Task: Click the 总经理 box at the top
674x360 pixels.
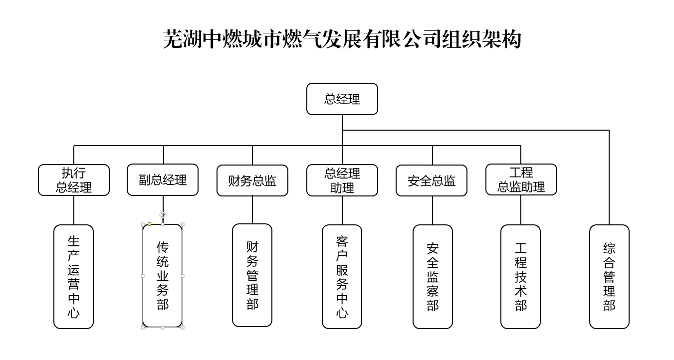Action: point(342,99)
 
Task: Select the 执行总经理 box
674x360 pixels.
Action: point(74,180)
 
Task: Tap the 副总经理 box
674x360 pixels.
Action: point(163,180)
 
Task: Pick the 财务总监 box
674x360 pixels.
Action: point(252,180)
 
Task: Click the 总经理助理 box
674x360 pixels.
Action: point(342,180)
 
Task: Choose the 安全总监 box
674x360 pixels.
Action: point(432,180)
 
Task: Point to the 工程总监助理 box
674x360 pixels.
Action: point(521,180)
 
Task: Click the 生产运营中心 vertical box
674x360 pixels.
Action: point(74,277)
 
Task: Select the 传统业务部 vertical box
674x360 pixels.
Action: point(163,276)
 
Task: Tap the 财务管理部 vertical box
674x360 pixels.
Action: point(252,275)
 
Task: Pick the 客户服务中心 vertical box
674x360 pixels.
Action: point(342,277)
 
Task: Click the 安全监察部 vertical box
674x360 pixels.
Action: point(433,277)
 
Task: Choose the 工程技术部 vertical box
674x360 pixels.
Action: point(520,277)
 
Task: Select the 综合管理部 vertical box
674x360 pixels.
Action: point(609,277)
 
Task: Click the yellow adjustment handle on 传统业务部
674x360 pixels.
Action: point(150,224)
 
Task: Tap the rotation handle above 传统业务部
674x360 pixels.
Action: point(163,214)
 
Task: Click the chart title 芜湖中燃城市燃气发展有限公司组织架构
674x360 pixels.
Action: point(342,39)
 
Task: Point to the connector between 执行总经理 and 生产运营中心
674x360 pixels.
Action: point(74,210)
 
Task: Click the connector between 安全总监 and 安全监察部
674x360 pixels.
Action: point(433,210)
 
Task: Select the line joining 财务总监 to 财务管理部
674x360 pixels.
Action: point(252,210)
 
